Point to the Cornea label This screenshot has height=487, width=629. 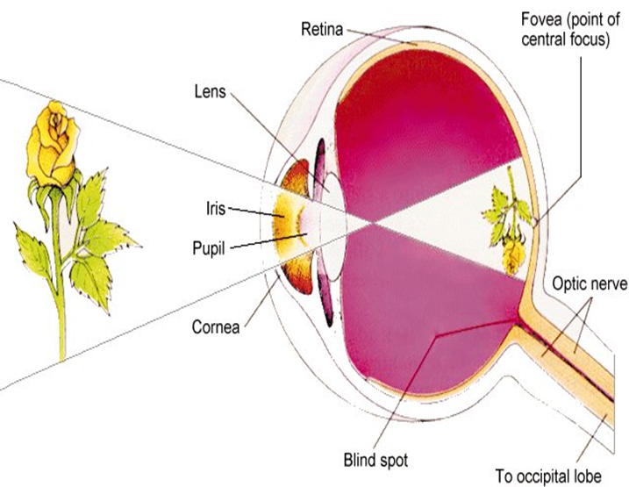[215, 329]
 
